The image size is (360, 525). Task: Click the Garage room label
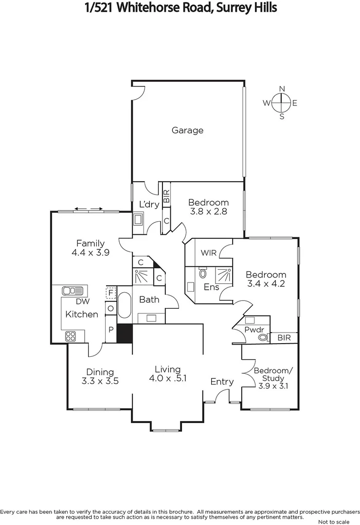pos(187,130)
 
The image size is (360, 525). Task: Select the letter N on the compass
pos(282,89)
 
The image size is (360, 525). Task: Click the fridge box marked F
pos(110,293)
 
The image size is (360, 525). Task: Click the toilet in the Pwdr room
pos(262,336)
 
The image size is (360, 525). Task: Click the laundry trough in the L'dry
pos(138,219)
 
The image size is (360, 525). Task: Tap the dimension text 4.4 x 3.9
pos(90,253)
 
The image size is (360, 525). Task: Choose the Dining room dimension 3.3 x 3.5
pos(100,381)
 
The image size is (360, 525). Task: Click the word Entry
pos(222,382)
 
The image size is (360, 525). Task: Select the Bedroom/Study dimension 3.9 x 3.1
pos(273,386)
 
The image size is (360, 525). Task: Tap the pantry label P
pos(110,329)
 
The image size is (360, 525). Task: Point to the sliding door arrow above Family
pos(89,210)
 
